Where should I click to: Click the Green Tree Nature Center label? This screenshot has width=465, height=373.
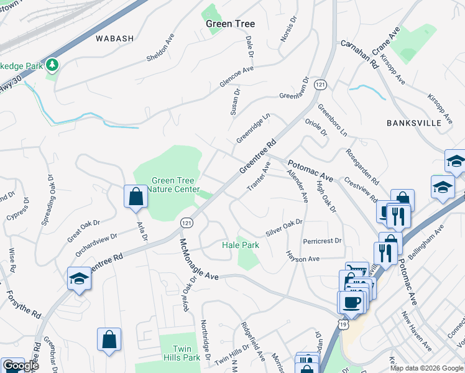click(x=176, y=185)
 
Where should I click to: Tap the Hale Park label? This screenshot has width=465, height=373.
click(x=241, y=246)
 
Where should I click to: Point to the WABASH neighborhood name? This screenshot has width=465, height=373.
click(x=115, y=39)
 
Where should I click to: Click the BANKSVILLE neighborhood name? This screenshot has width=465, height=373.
click(x=414, y=122)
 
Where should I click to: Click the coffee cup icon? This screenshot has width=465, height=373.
click(x=351, y=302)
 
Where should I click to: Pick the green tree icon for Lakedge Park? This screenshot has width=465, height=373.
click(x=53, y=64)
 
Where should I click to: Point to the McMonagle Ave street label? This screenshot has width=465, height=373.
click(x=199, y=259)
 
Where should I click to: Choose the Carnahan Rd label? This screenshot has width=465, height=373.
click(x=359, y=54)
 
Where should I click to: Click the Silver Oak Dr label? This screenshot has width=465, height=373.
click(x=284, y=226)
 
